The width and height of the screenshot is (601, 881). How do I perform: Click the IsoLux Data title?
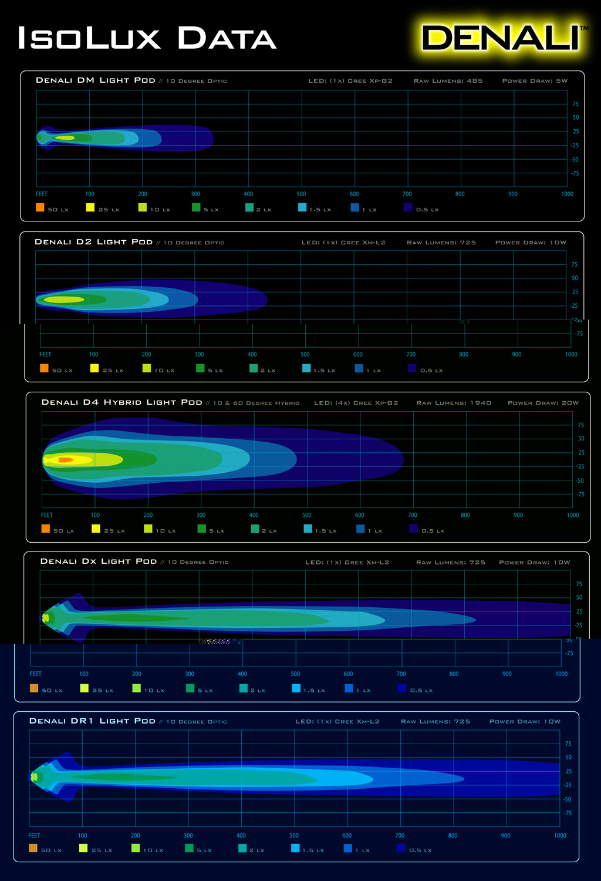147,38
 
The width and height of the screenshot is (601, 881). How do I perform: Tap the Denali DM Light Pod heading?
96,80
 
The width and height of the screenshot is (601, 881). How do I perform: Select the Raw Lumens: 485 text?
448,81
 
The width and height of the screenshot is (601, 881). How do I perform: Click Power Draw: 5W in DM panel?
535,81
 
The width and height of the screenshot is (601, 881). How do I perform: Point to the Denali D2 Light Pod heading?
94,242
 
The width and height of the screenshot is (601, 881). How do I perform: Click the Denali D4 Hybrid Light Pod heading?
122,402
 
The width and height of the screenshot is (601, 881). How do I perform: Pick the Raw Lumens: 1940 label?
454,403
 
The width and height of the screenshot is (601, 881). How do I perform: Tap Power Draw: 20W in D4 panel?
543,403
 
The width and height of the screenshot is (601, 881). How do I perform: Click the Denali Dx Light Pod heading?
99,561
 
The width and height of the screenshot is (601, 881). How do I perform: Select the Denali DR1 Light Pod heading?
92,721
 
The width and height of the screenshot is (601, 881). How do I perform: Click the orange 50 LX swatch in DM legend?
40,207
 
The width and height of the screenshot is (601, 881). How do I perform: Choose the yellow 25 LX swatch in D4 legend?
96,529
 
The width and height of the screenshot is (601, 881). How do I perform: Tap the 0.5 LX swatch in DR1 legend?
401,848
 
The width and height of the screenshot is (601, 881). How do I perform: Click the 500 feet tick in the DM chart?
301,194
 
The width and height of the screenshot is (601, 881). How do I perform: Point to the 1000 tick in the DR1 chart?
560,835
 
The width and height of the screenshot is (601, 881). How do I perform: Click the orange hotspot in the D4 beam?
65,460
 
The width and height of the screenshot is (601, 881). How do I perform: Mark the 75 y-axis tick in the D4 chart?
581,425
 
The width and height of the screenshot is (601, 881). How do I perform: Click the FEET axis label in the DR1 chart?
34,835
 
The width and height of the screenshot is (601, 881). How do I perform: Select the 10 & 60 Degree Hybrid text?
256,403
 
